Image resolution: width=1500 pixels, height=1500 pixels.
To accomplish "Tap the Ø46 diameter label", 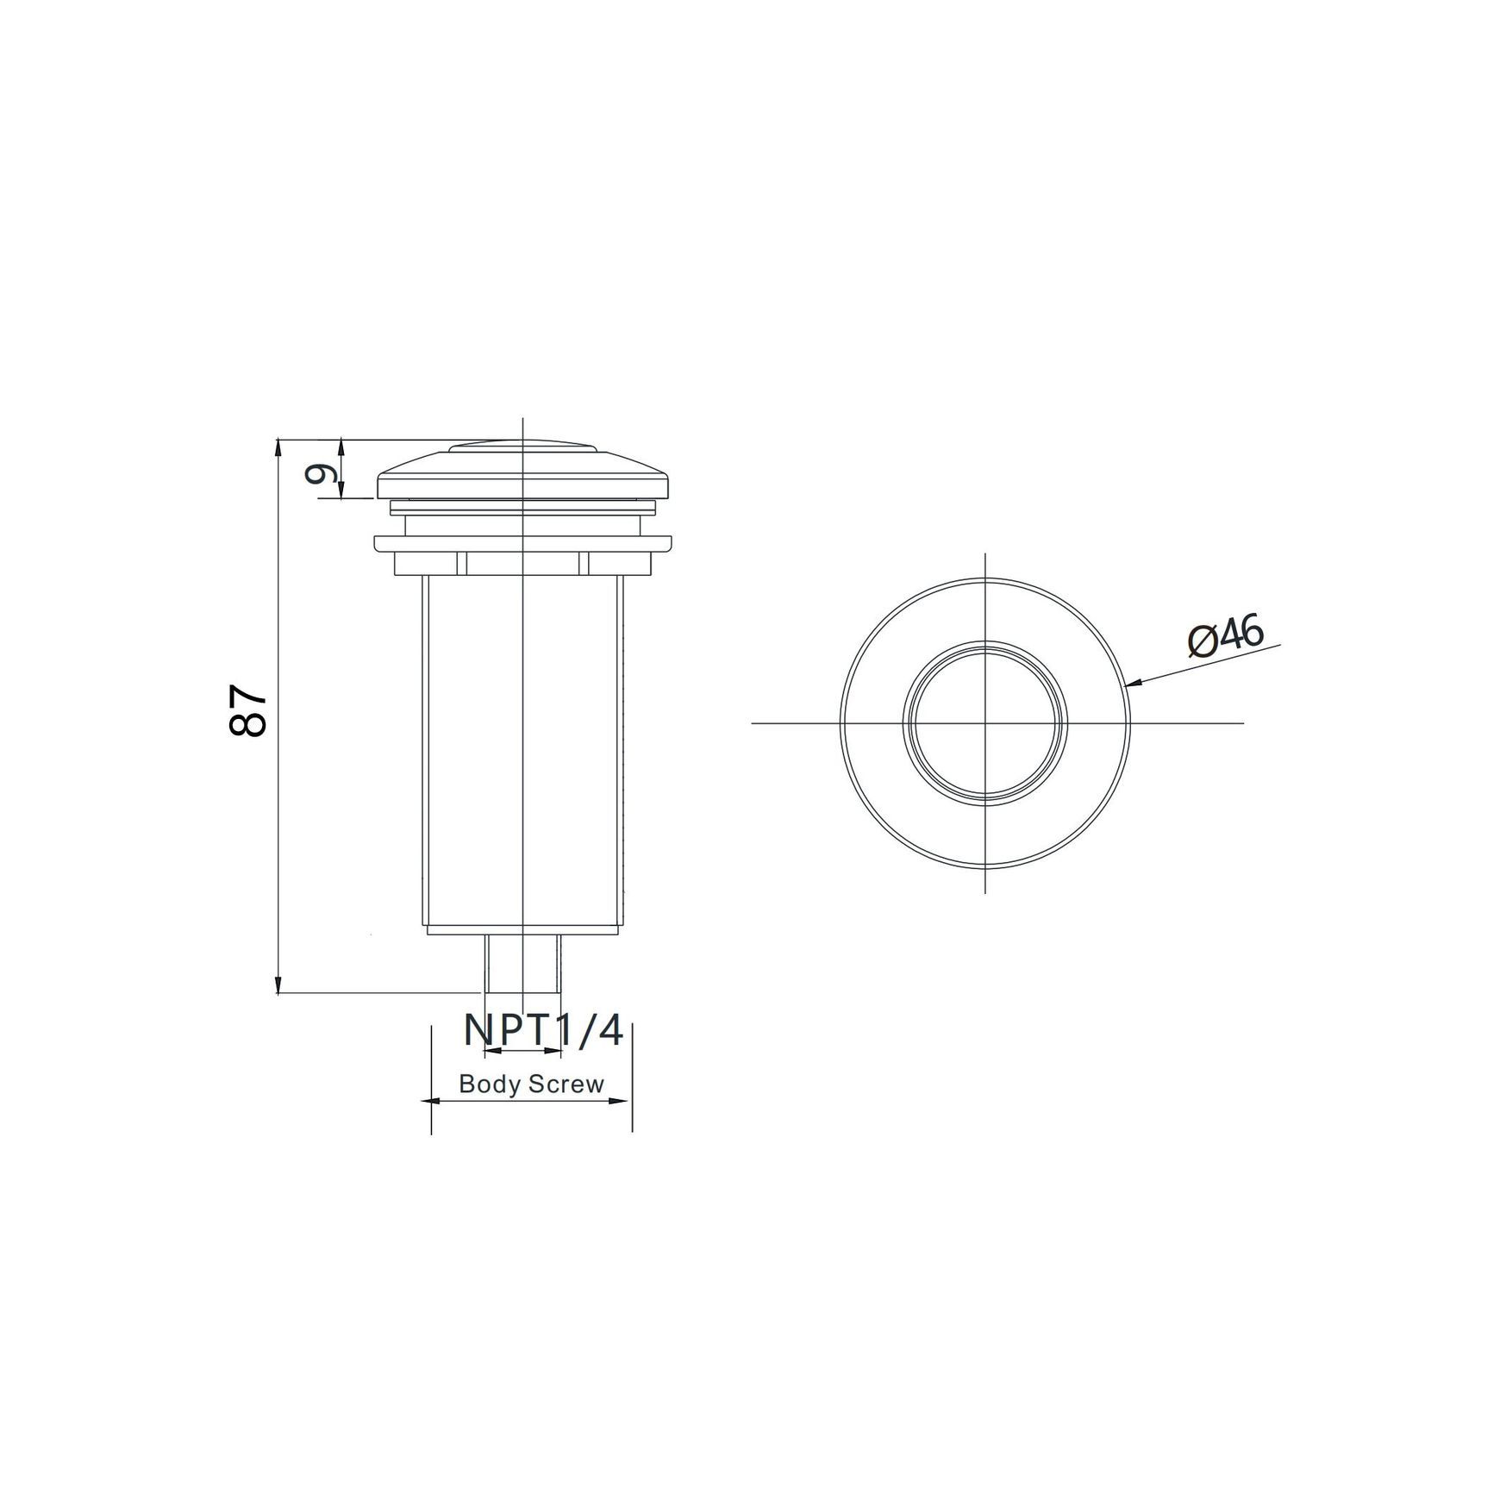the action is (1225, 637).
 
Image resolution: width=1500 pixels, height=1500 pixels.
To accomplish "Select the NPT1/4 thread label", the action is (543, 1029).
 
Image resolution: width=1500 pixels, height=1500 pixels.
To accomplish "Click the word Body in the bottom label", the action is (490, 1084).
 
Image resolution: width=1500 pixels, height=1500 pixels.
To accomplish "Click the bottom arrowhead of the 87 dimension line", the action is (278, 984).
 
